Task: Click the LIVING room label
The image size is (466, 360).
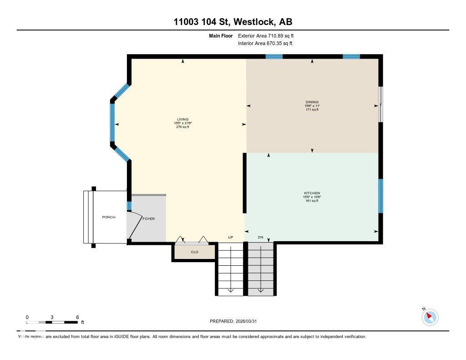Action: click(182, 120)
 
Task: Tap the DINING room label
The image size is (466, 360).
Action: click(312, 102)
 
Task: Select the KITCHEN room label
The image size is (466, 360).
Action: click(312, 193)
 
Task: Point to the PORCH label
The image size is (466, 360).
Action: click(109, 217)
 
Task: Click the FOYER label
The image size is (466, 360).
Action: click(149, 219)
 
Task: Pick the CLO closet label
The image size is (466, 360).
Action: click(194, 252)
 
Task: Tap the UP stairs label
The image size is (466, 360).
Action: click(231, 238)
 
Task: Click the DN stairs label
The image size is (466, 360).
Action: click(261, 238)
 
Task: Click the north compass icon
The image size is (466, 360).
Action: click(429, 317)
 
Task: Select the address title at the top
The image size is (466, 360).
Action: click(233, 21)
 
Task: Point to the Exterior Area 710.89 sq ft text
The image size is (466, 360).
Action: click(269, 35)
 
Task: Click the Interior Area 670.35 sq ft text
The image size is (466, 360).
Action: click(265, 44)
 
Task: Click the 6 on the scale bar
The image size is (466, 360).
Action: click(78, 317)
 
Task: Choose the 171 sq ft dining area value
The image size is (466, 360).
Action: click(312, 110)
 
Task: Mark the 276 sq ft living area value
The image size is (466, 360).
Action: click(182, 127)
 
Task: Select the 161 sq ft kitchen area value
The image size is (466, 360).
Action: click(312, 201)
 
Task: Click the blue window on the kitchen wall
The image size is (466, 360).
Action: click(380, 196)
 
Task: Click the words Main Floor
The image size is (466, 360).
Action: click(221, 35)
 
